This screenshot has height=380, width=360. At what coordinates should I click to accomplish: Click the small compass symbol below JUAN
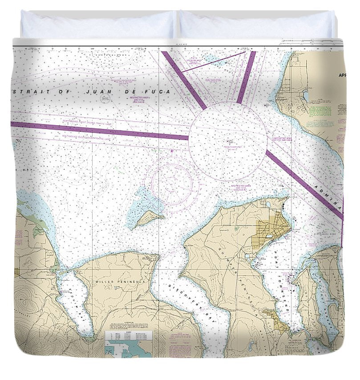(x=105, y=99)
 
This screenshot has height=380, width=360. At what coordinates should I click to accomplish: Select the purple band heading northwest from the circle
(x=184, y=80)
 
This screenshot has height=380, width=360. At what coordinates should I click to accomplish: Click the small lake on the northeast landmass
(x=306, y=95)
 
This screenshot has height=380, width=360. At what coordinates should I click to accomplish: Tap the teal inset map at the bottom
(x=129, y=348)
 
